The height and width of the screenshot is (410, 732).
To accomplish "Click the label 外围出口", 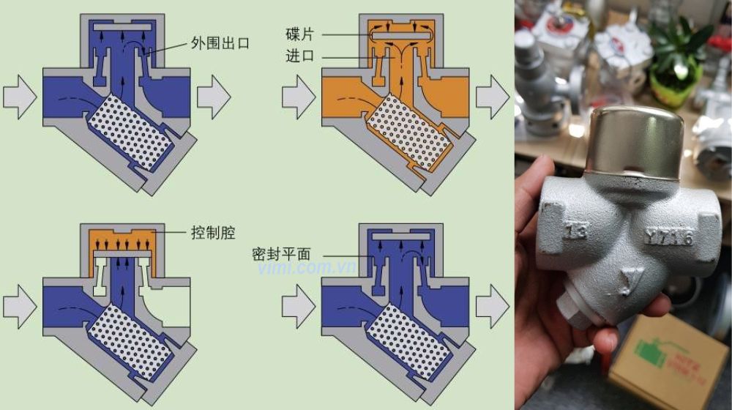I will pyautogui.click(x=219, y=43).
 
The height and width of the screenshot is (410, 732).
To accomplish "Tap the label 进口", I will pyautogui.click(x=300, y=56).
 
